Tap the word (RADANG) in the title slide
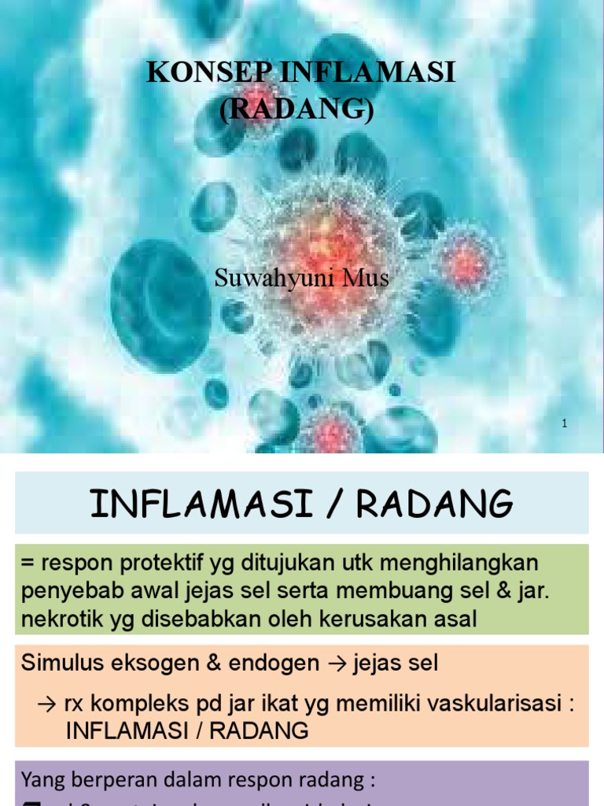click(296, 109)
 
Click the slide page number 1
click(565, 424)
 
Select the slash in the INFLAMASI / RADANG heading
click(340, 504)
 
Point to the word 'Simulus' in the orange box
click(58, 663)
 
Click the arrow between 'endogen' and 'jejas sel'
click(335, 663)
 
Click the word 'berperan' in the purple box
click(105, 781)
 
